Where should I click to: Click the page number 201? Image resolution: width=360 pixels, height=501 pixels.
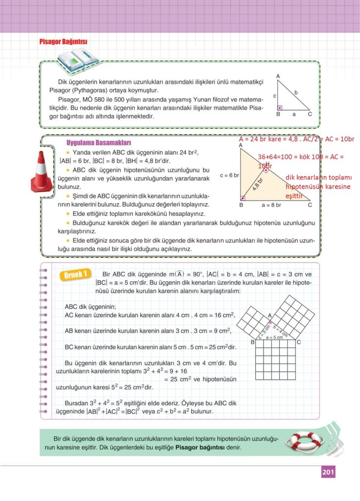pos(328,472)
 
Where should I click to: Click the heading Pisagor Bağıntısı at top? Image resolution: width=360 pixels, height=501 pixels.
pos(63,42)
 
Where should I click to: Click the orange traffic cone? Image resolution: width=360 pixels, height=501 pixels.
pos(42,171)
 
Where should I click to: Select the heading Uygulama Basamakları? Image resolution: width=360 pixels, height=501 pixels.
pos(98,143)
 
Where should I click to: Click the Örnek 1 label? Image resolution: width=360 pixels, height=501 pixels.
pos(75,274)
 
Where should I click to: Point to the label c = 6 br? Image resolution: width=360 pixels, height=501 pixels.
pos(229,175)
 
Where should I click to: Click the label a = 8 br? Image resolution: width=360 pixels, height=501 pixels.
pos(271,205)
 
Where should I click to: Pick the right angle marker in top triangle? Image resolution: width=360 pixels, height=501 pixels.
pos(279,108)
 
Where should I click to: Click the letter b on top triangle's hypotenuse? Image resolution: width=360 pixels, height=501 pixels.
pos(296,92)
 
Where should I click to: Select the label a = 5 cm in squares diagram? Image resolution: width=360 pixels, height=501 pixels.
pos(274,338)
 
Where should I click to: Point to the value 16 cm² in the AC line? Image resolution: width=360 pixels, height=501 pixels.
pos(224,315)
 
